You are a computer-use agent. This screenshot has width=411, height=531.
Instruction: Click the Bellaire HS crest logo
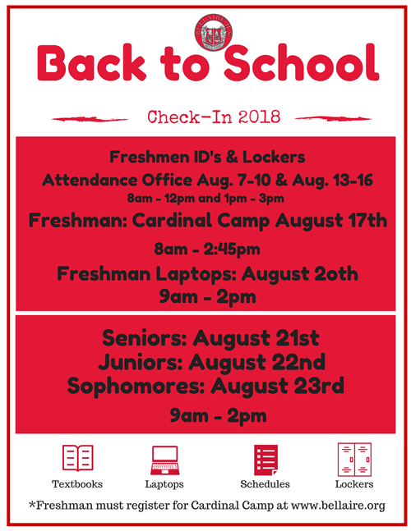click(213, 33)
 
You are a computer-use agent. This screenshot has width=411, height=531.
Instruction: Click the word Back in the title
click(91, 63)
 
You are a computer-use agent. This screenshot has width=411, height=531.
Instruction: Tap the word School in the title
click(301, 62)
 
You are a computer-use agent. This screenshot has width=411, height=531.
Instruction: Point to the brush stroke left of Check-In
click(90, 119)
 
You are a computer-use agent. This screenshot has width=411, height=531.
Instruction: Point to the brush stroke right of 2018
click(333, 118)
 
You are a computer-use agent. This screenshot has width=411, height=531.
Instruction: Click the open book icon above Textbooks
click(77, 458)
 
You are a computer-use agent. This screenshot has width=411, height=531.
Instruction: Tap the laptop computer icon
click(164, 460)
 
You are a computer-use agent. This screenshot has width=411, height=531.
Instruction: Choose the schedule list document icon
click(266, 460)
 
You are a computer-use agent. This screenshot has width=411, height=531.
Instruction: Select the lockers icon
click(354, 460)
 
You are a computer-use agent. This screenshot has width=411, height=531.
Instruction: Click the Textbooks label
click(77, 484)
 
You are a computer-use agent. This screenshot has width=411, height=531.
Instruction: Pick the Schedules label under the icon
click(265, 484)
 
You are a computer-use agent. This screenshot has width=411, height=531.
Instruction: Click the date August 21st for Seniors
click(256, 338)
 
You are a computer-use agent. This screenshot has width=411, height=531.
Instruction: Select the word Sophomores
click(136, 386)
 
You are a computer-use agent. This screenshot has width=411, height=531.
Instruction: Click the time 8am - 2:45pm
click(207, 249)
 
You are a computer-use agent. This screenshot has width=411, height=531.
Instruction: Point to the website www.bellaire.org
click(338, 506)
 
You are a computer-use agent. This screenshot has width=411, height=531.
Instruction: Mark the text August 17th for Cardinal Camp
click(331, 221)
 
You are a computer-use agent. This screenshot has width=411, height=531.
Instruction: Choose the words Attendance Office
click(118, 181)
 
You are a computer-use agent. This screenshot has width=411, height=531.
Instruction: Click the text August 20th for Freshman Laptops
click(300, 274)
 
